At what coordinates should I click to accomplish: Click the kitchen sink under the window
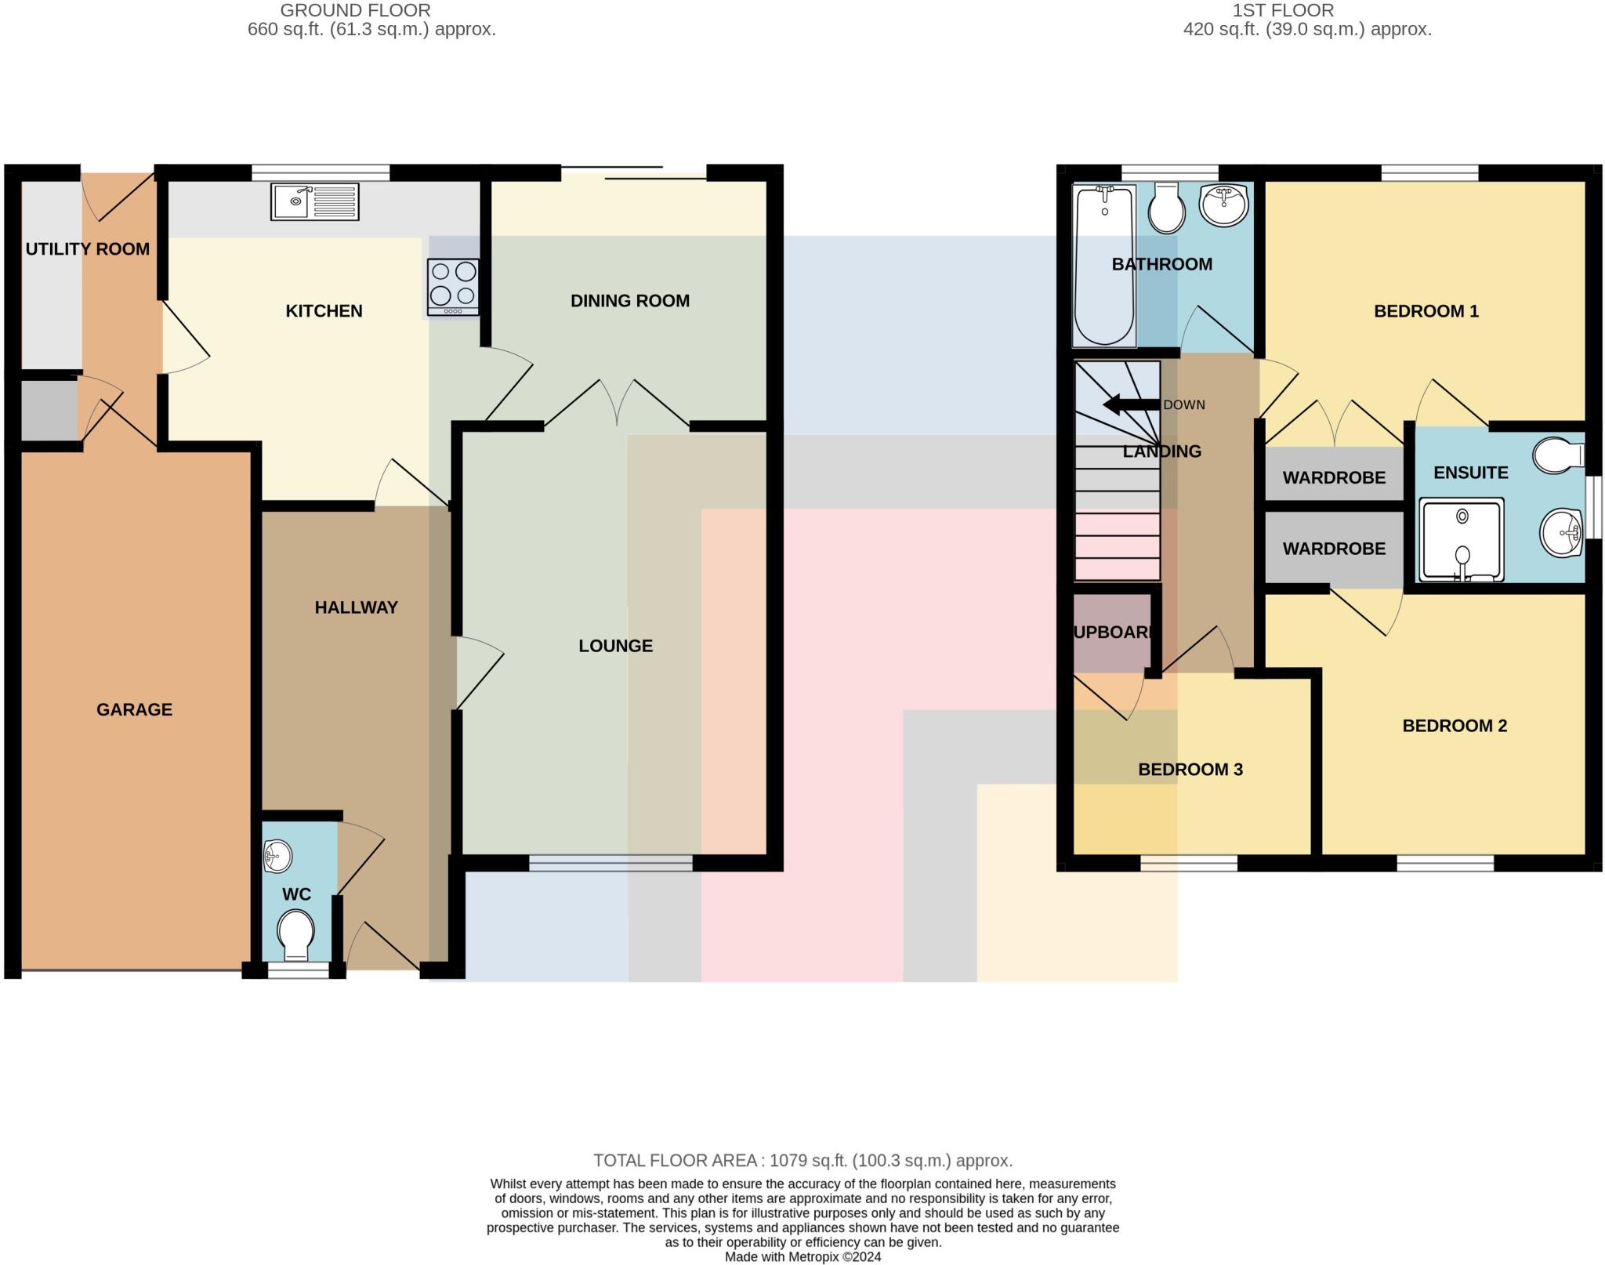pos(314,201)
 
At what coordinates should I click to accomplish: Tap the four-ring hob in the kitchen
pos(453,285)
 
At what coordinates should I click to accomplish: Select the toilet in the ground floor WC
pos(296,933)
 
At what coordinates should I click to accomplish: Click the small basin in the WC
pos(277,856)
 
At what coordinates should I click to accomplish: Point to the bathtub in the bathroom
pos(1103,265)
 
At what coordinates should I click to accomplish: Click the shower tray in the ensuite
pos(1462,540)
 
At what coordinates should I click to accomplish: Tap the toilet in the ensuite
pos(1559,455)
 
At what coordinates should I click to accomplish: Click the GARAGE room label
pos(134,710)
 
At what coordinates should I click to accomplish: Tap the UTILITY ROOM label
pos(87,249)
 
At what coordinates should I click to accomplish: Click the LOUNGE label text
pos(615,646)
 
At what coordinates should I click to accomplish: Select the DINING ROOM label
pos(629,301)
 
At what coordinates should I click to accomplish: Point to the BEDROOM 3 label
pos(1190,770)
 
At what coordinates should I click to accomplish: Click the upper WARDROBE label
pos(1333,477)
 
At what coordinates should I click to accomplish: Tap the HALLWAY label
pos(356,607)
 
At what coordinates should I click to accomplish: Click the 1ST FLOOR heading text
pos(1282,10)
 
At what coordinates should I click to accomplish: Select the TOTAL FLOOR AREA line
pos(802,1160)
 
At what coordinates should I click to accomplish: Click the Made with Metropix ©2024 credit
pos(802,1256)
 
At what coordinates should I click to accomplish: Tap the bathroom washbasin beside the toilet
pos(1223,205)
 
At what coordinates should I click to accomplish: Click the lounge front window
pos(610,863)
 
